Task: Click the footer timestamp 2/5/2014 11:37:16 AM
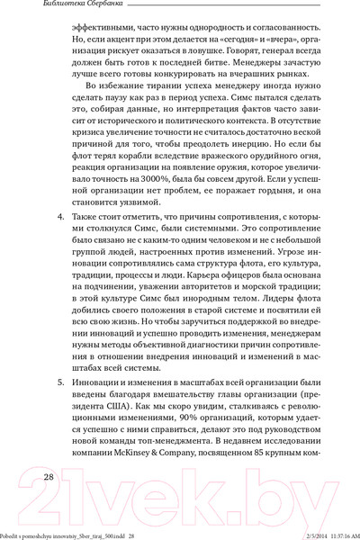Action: click(321, 535)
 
